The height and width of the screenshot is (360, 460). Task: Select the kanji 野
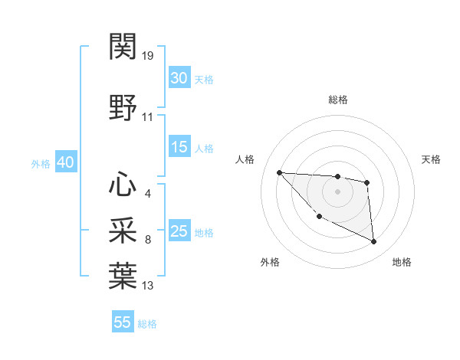click(123, 107)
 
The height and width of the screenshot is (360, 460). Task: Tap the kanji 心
click(123, 184)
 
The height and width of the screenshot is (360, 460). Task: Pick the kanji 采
click(123, 229)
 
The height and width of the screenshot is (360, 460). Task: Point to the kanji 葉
click(123, 274)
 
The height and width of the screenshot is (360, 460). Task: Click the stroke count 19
click(148, 56)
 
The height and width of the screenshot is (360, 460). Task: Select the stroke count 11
click(148, 117)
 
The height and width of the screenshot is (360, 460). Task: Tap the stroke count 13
click(148, 286)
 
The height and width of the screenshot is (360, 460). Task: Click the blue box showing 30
click(179, 78)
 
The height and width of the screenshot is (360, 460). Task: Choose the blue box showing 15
click(179, 147)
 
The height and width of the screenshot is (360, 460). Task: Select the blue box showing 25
click(179, 231)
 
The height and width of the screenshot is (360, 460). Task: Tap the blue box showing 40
click(65, 162)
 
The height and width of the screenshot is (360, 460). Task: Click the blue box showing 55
click(123, 322)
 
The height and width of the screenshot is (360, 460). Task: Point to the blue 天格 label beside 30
click(204, 80)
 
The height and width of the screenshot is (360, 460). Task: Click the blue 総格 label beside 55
click(147, 324)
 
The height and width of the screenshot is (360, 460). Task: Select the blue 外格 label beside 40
click(41, 164)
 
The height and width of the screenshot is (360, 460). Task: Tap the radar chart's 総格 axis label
click(337, 100)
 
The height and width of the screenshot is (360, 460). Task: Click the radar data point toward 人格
click(279, 172)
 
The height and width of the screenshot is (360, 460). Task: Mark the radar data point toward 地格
click(374, 242)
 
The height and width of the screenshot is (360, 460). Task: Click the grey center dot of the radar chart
click(337, 191)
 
